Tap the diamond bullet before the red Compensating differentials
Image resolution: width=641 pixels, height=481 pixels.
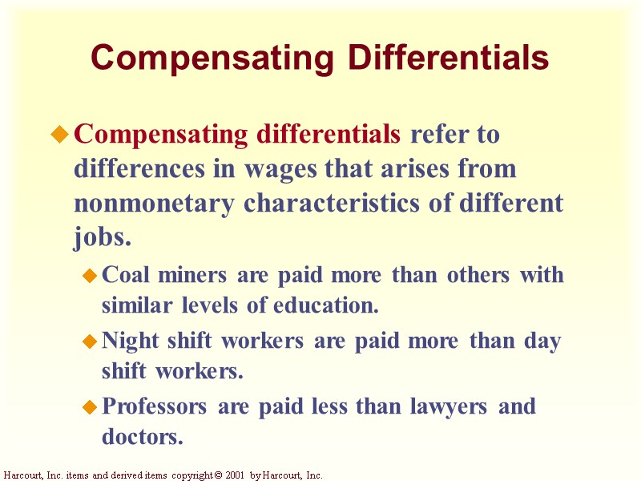(58, 135)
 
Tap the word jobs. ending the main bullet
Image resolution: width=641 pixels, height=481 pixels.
(102, 238)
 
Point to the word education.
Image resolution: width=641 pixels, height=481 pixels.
(325, 305)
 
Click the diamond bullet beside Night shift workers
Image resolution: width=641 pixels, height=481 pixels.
(90, 343)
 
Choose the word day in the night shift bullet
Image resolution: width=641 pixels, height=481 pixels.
(542, 342)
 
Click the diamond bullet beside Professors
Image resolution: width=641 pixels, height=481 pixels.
(90, 409)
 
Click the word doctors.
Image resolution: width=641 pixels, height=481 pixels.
(142, 437)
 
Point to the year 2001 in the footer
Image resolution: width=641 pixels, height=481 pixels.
(233, 475)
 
